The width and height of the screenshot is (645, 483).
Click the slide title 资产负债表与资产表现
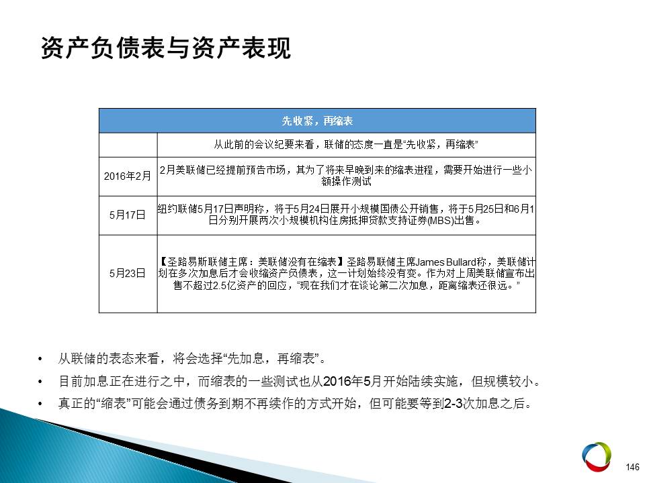pyautogui.click(x=166, y=48)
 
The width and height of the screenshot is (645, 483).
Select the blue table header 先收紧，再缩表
pyautogui.click(x=317, y=121)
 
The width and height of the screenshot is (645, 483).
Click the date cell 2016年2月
pyautogui.click(x=128, y=176)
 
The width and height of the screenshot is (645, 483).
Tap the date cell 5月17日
pyautogui.click(x=128, y=215)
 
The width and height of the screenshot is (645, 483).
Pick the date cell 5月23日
pyautogui.click(x=128, y=273)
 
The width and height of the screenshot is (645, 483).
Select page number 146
pyautogui.click(x=632, y=467)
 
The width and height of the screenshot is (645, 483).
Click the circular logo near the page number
pyautogui.click(x=597, y=456)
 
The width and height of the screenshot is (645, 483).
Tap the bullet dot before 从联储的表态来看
pyautogui.click(x=40, y=360)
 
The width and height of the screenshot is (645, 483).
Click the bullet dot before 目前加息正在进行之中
pyautogui.click(x=40, y=382)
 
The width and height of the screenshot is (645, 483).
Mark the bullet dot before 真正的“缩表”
pyautogui.click(x=40, y=404)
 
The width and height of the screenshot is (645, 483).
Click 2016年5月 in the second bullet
pyautogui.click(x=353, y=382)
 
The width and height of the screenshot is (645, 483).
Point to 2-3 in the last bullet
pyautogui.click(x=454, y=404)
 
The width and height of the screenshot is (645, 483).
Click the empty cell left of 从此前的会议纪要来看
pyautogui.click(x=128, y=145)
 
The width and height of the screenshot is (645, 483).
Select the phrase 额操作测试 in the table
pyautogui.click(x=346, y=182)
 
